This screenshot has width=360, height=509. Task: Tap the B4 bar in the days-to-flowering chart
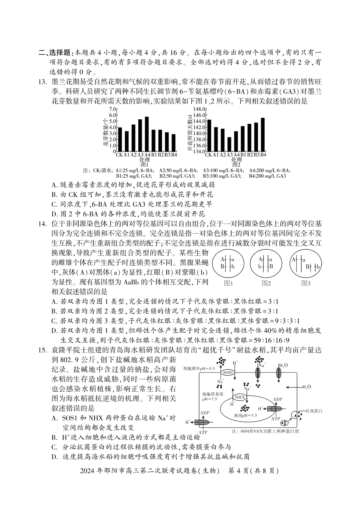click(263, 135)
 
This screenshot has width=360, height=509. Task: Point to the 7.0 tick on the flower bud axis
click(112, 109)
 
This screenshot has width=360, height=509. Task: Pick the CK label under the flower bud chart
click(119, 155)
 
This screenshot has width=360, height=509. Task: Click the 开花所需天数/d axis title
click(190, 132)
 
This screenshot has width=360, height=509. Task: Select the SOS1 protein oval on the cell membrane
click(227, 372)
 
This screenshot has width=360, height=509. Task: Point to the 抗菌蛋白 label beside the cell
click(314, 410)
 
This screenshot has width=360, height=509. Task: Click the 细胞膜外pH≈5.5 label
click(199, 368)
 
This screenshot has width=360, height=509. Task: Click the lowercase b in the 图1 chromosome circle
click(233, 267)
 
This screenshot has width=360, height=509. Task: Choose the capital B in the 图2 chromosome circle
click(271, 266)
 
